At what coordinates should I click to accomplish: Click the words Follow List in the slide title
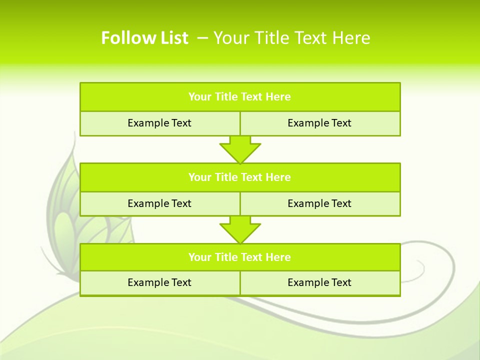144,38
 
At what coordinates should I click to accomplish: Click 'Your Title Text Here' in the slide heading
291,38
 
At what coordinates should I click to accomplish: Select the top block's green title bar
240,97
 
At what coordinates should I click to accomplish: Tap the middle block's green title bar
240,177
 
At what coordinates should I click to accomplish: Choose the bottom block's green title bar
240,257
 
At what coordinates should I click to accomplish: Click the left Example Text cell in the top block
159,123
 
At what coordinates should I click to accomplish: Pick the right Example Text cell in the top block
319,123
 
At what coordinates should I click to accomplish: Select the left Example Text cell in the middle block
159,203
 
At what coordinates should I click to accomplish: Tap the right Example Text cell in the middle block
319,203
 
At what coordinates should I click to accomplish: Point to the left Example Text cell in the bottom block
159,282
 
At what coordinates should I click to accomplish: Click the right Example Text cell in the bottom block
319,282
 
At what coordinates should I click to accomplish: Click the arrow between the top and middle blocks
240,149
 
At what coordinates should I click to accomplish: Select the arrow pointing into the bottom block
240,230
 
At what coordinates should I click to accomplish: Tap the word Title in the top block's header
226,97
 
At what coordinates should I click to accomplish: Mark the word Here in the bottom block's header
278,257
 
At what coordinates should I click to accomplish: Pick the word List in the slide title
171,38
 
